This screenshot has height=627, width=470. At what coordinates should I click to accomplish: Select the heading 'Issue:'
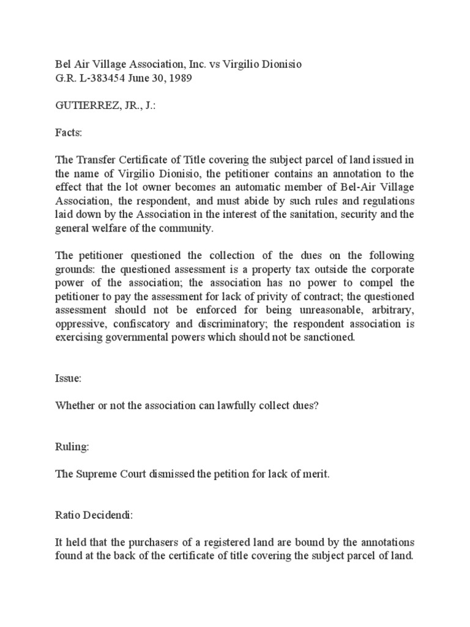pos(67,379)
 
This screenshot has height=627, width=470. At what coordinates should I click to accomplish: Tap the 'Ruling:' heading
pos(72,447)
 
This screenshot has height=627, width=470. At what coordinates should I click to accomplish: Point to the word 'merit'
pos(315,475)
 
